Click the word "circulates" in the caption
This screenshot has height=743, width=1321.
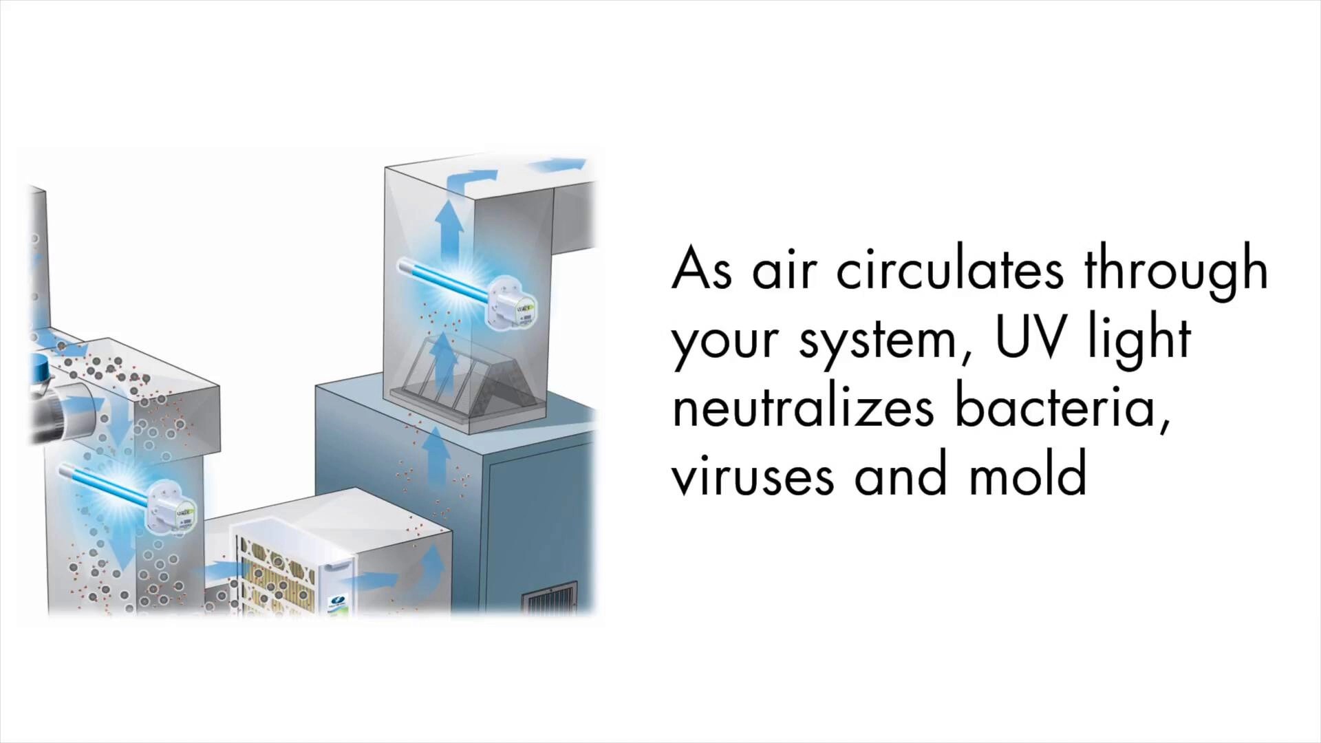(x=949, y=270)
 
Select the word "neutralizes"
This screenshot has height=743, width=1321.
(x=803, y=407)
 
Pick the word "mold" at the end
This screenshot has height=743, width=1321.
(x=1028, y=475)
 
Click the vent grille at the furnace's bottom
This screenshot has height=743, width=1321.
(x=550, y=597)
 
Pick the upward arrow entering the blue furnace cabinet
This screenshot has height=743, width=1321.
(x=434, y=454)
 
